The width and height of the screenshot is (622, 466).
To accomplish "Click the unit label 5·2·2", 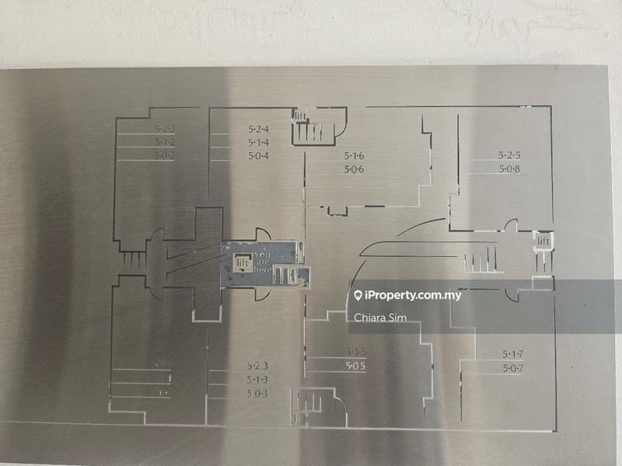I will pyautogui.click(x=164, y=129).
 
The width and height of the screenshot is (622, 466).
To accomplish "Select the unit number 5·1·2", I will pyautogui.click(x=164, y=142).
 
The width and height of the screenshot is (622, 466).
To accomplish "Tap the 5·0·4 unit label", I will pyautogui.click(x=258, y=156).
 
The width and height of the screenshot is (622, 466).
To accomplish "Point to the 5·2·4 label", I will pyautogui.click(x=258, y=129).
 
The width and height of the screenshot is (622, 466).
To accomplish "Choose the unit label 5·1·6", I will pyautogui.click(x=355, y=156).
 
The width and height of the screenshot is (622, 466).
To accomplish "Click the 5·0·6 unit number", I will pyautogui.click(x=355, y=169).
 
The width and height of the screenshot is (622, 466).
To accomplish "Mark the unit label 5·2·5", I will pyautogui.click(x=509, y=155).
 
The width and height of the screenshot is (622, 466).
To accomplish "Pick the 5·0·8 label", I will pyautogui.click(x=509, y=168).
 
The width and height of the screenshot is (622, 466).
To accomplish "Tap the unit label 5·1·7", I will pyautogui.click(x=512, y=354).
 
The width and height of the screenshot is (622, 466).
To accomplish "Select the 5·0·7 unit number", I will pyautogui.click(x=512, y=367).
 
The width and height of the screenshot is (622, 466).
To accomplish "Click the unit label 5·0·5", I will pyautogui.click(x=355, y=366).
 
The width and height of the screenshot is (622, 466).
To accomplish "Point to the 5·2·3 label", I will pyautogui.click(x=257, y=366).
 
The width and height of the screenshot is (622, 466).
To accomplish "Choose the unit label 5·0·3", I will pyautogui.click(x=257, y=393).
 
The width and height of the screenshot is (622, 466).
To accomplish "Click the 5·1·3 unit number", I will pyautogui.click(x=257, y=379).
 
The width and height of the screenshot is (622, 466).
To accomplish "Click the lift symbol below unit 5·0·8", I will pyautogui.click(x=543, y=242).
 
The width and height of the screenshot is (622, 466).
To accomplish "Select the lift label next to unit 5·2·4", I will pyautogui.click(x=301, y=117).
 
